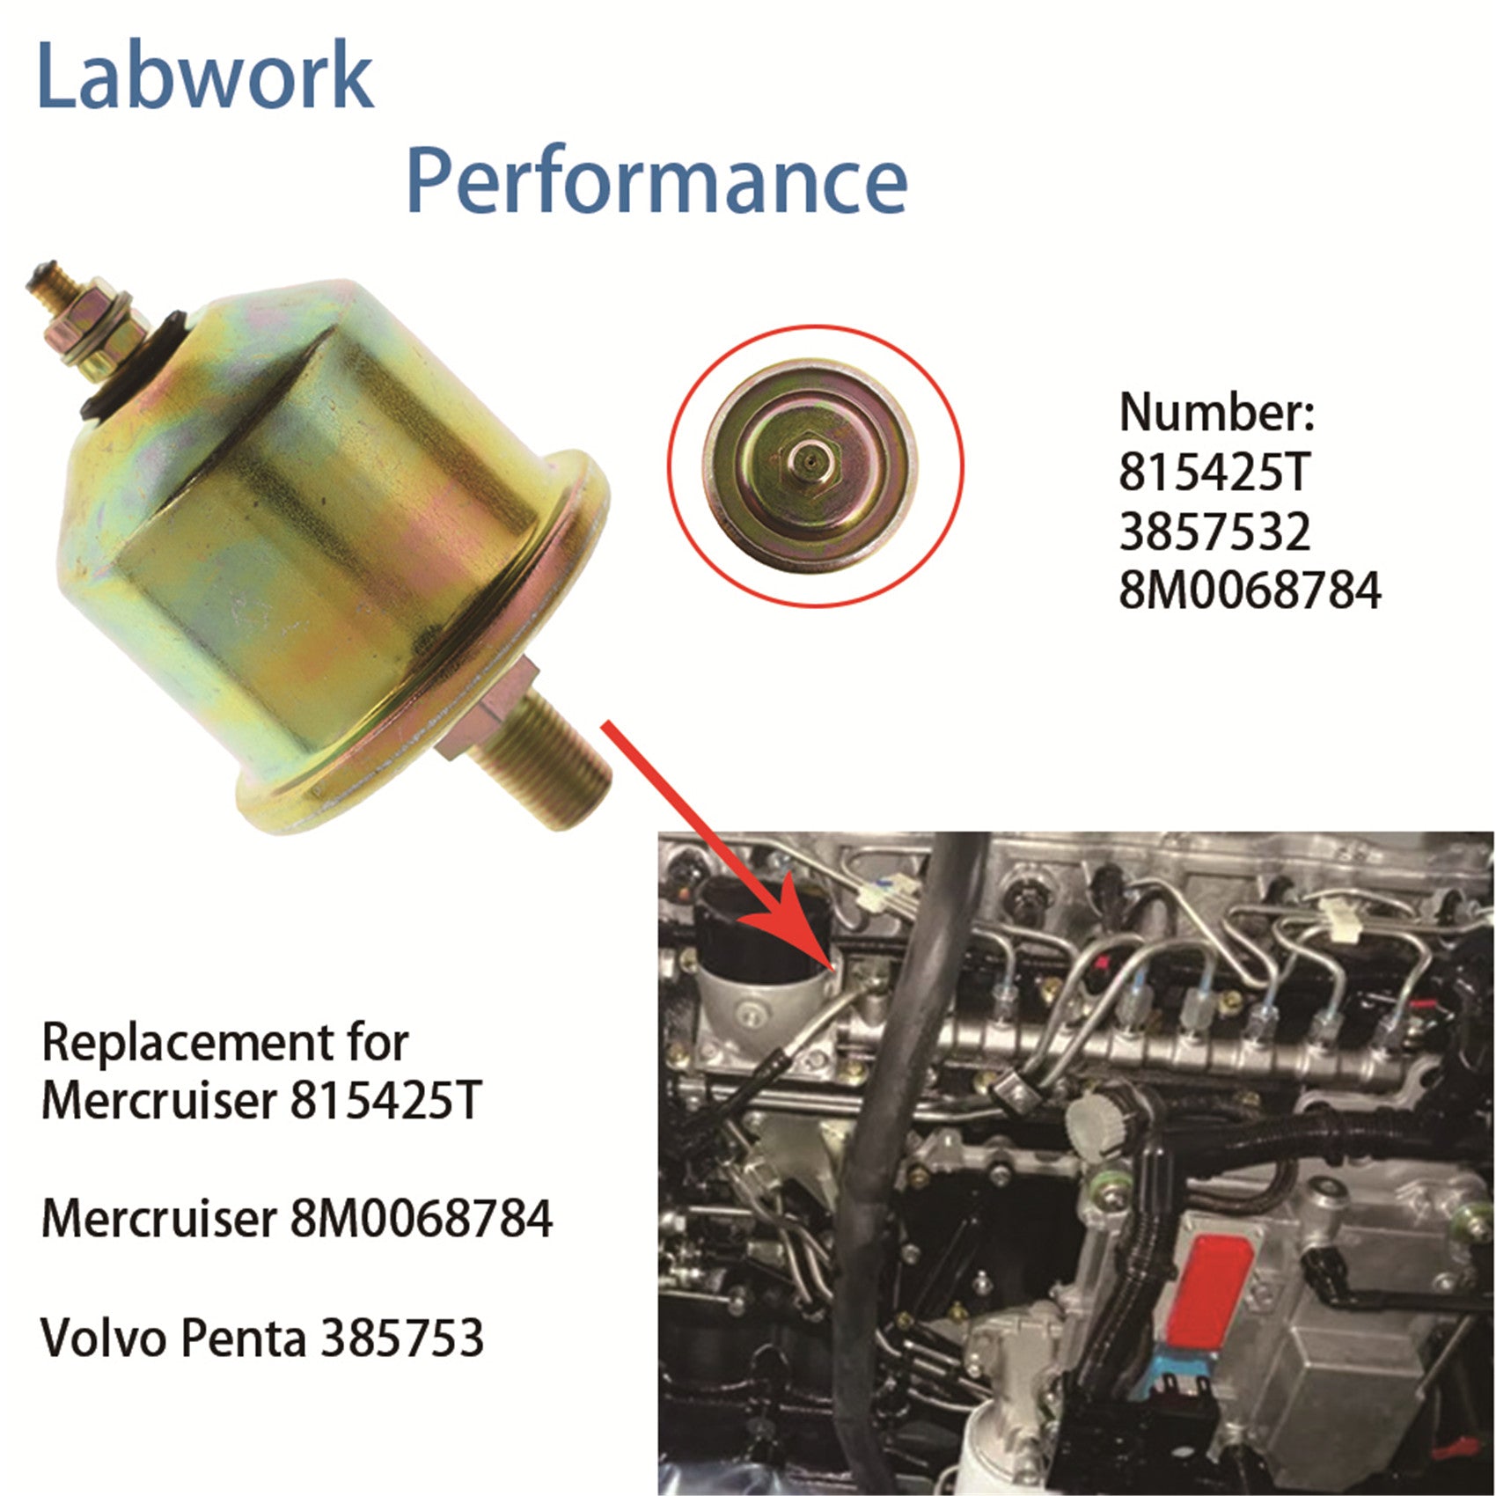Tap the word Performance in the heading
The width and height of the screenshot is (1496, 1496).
click(656, 183)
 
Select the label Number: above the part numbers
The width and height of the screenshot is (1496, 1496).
click(1216, 412)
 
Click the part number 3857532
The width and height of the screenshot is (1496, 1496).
click(1214, 532)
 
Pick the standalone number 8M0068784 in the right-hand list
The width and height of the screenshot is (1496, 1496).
click(1250, 590)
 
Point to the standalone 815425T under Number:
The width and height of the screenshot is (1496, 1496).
click(1214, 473)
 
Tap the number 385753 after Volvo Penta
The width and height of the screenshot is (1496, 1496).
click(402, 1338)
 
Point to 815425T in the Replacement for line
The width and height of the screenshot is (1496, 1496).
click(385, 1101)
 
